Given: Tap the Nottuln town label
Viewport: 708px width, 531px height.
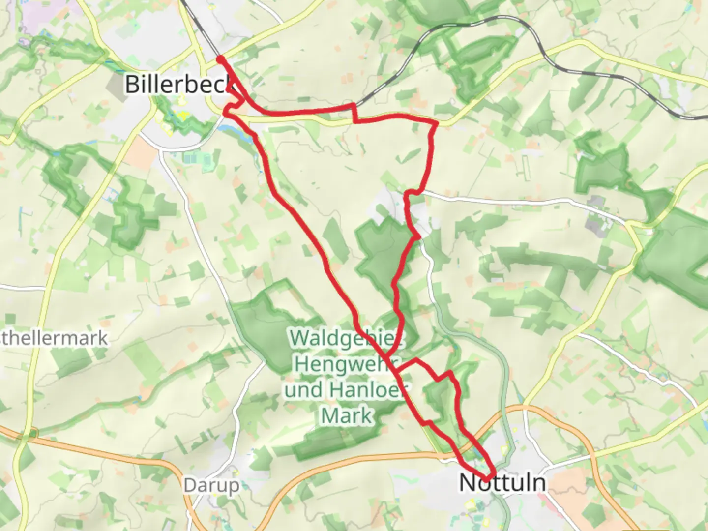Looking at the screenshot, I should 502,482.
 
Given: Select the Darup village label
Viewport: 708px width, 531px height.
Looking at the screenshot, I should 211,486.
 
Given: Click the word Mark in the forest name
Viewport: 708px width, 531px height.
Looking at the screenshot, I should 346,416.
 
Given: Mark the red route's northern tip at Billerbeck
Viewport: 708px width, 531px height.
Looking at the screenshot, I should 221,59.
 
